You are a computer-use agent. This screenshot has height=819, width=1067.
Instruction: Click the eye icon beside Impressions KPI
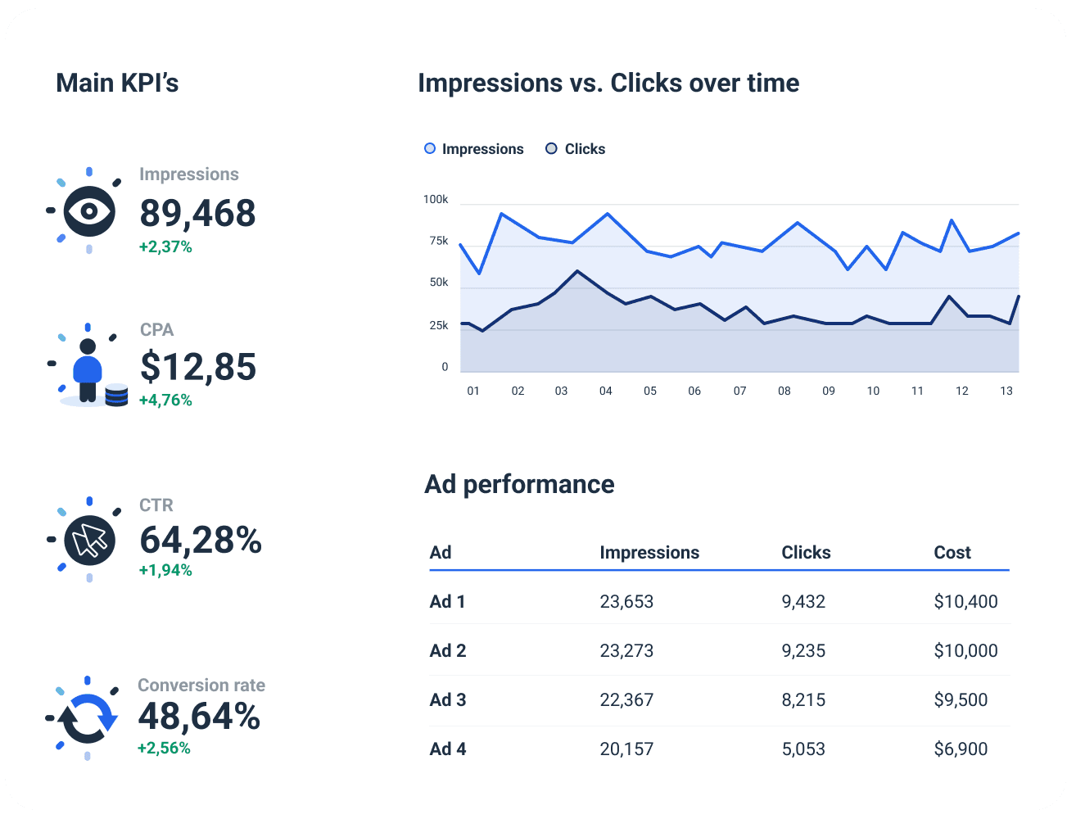tap(88, 211)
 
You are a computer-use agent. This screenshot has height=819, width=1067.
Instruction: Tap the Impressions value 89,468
tap(197, 213)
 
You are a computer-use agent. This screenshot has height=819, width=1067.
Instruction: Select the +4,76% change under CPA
tap(165, 400)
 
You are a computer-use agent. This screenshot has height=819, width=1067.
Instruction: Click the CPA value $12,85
tap(198, 367)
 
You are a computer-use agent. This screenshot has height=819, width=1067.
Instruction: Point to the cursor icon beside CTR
tap(89, 540)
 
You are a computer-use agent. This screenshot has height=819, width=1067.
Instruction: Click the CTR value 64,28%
tap(201, 540)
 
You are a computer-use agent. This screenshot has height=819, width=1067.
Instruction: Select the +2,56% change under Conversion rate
tap(164, 748)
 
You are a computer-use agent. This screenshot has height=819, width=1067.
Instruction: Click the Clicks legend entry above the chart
tap(576, 149)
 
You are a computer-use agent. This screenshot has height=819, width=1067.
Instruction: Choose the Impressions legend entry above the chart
tap(474, 149)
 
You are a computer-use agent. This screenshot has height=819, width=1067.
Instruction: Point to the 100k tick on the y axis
tap(436, 200)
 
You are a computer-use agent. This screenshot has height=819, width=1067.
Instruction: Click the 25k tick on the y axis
tap(439, 326)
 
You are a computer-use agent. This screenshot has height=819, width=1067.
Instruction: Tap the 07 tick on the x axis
tap(739, 391)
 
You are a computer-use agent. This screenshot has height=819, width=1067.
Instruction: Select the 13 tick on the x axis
tap(1006, 391)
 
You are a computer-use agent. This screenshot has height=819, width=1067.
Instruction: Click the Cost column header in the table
tap(952, 553)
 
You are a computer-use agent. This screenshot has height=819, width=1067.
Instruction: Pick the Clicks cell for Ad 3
tap(803, 700)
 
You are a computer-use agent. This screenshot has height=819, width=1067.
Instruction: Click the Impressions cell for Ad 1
tap(626, 602)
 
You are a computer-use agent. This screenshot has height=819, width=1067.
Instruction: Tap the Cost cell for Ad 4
tap(961, 749)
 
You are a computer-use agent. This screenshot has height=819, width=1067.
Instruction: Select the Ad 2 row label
tap(448, 651)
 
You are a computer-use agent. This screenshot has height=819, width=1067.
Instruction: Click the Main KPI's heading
tap(117, 84)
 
